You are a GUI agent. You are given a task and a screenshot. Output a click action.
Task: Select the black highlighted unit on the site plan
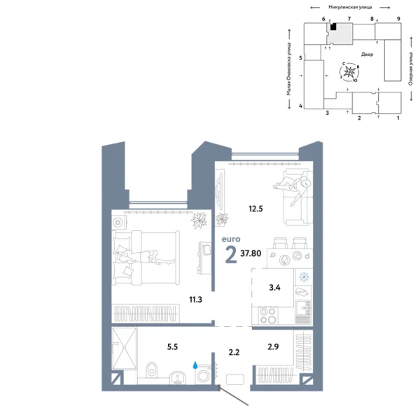point(334,28)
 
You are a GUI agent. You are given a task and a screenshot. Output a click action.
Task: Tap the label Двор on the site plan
point(367,54)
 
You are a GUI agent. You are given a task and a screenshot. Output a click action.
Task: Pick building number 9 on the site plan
point(398,18)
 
